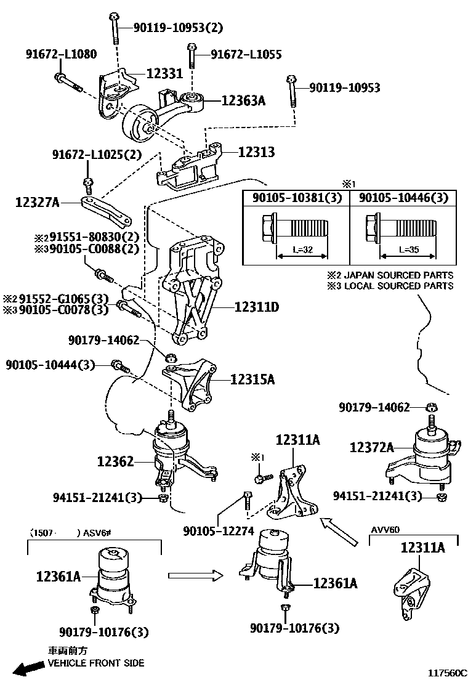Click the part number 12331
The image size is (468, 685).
pyautogui.click(x=164, y=73)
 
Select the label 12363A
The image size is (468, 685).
pyautogui.click(x=243, y=99)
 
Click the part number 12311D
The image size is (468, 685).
pyautogui.click(x=256, y=306)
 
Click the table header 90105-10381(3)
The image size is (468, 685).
pyautogui.click(x=296, y=198)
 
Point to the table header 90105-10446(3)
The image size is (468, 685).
pyautogui.click(x=403, y=198)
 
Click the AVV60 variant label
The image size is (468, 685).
pyautogui.click(x=385, y=529)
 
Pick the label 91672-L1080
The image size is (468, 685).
pyautogui.click(x=61, y=54)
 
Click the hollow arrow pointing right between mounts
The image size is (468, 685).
pyautogui.click(x=195, y=576)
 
